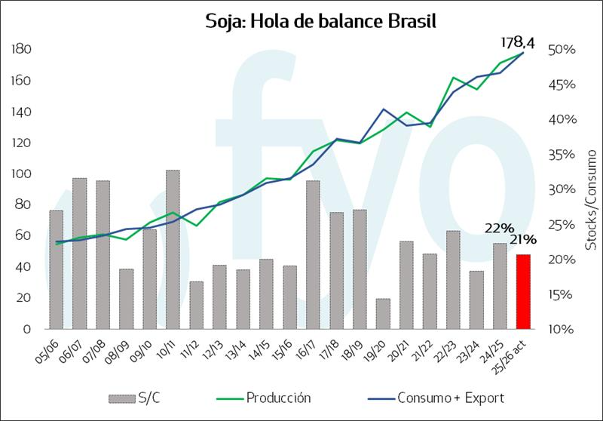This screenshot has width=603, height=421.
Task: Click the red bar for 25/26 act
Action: point(524,292)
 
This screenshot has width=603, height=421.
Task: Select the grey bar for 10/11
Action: point(173,250)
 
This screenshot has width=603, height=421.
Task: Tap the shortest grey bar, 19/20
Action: point(383,314)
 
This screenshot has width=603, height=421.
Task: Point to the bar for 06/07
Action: point(80,254)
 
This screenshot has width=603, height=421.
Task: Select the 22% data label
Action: point(499,228)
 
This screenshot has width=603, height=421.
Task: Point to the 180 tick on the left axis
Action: point(21,49)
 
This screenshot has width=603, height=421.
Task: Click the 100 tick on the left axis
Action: point(21,174)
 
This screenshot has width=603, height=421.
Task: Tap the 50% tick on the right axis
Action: point(561,50)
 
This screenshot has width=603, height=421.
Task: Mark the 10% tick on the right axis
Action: point(561,330)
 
